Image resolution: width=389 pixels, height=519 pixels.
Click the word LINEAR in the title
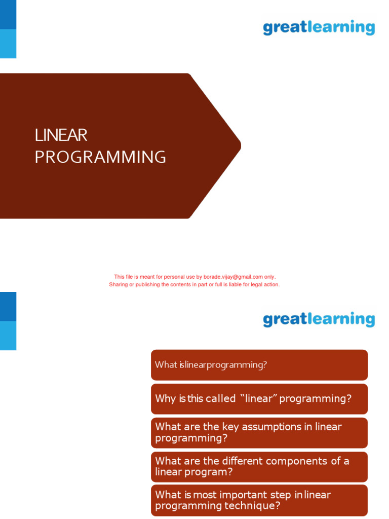click(61, 135)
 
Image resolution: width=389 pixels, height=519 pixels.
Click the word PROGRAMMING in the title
click(100, 157)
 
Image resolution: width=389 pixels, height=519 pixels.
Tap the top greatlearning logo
click(319, 27)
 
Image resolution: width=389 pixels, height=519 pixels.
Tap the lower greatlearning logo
click(319, 319)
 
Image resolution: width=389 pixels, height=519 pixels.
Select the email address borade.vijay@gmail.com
click(233, 277)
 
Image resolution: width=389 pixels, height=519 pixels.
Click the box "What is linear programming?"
click(259, 365)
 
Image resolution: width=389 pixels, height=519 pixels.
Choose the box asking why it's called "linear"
click(259, 399)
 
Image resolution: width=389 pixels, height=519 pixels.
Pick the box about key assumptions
click(259, 432)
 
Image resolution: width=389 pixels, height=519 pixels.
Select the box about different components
click(259, 466)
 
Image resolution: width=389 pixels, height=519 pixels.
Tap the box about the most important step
click(259, 500)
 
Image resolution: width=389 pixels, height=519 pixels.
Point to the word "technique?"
click(256, 506)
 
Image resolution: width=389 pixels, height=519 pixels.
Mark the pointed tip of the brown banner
click(241, 146)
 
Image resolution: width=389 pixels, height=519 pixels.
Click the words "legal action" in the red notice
click(265, 285)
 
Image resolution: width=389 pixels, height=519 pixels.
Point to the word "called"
click(221, 399)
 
